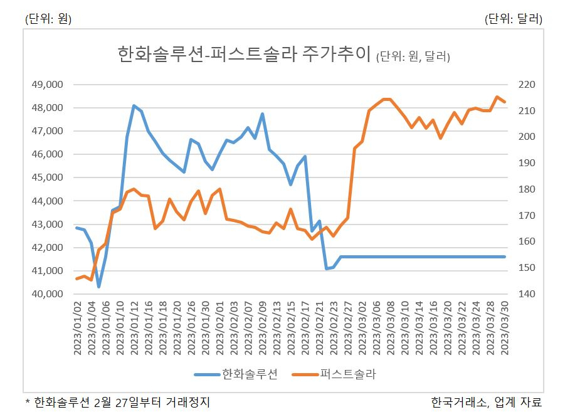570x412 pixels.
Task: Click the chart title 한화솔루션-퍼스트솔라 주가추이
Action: click(x=244, y=54)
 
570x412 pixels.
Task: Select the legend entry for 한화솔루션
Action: click(x=236, y=374)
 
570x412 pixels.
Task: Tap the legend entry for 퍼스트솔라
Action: click(x=334, y=374)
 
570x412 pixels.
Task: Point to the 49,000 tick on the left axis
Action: click(x=47, y=85)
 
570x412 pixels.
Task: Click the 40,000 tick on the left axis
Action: click(x=47, y=294)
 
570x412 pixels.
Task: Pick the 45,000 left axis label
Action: click(x=47, y=177)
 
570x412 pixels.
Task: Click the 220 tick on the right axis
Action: click(x=527, y=85)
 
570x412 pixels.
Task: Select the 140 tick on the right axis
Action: click(x=527, y=294)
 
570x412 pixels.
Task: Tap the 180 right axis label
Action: click(x=527, y=189)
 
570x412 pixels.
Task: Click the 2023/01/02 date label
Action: click(x=77, y=328)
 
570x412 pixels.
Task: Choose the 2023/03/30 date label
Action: click(x=505, y=328)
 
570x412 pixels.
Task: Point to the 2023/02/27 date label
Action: click(x=348, y=328)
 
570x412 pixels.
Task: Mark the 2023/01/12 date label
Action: click(x=134, y=328)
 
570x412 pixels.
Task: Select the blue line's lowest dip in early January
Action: click(x=98, y=287)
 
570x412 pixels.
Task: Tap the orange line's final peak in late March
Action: click(x=497, y=97)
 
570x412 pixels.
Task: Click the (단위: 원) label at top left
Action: click(x=48, y=19)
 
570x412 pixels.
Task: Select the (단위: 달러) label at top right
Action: click(x=514, y=19)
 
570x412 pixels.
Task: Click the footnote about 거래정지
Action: click(x=117, y=402)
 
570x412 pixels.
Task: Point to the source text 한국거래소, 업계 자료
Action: click(x=487, y=402)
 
